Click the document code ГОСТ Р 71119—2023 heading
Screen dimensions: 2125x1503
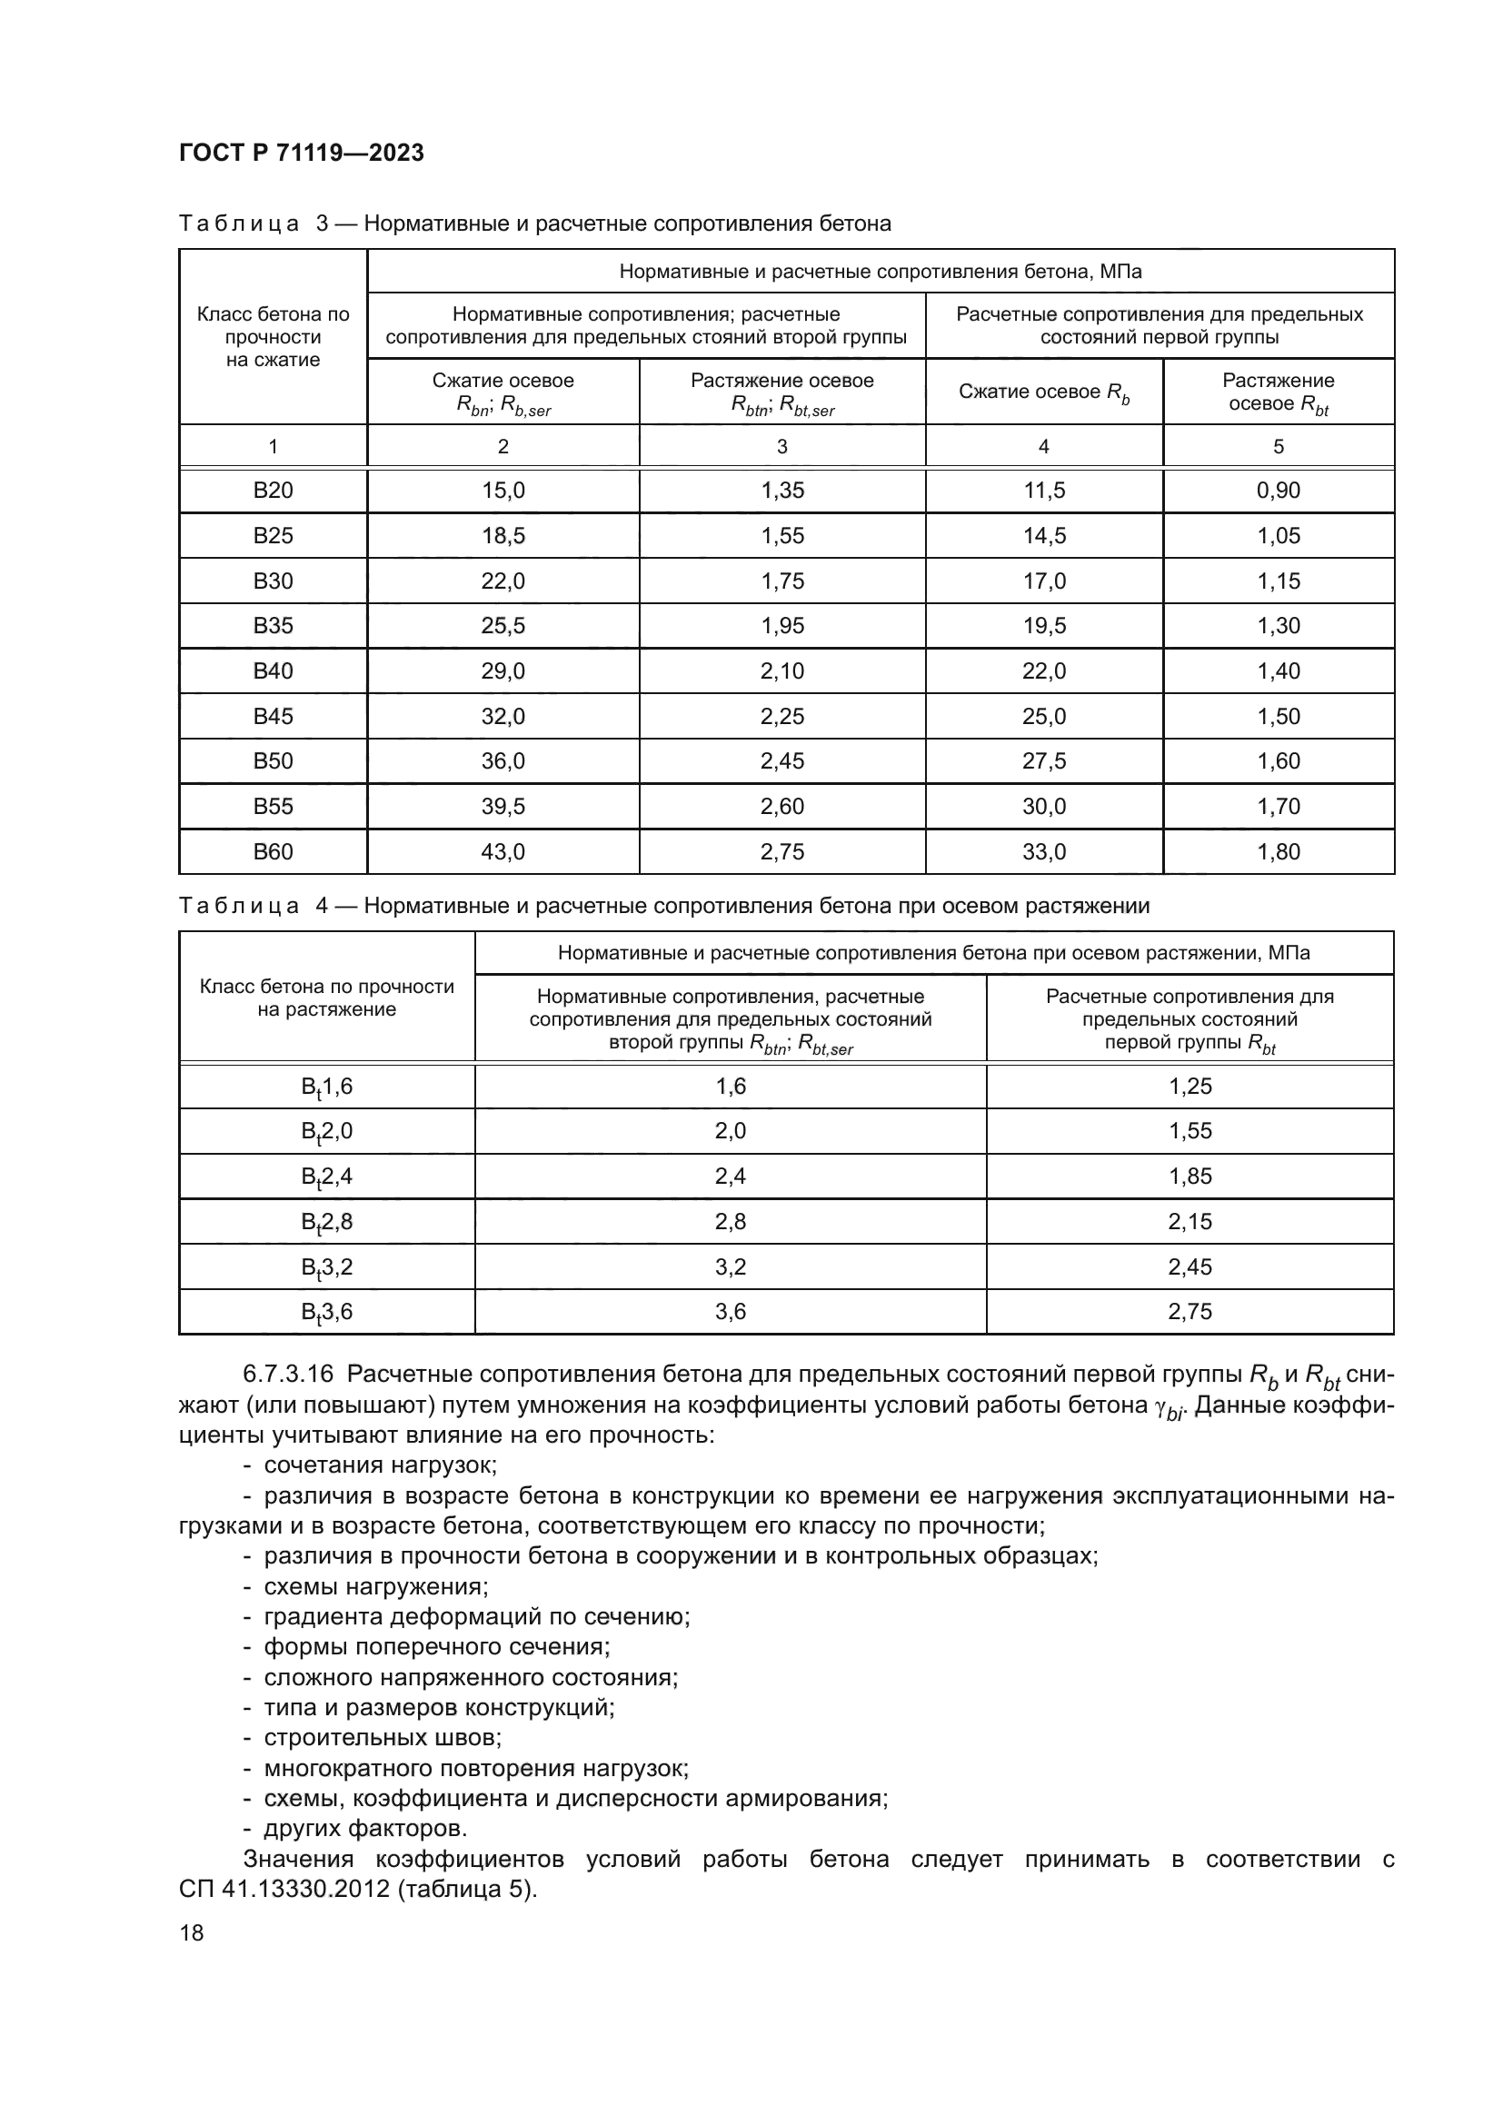(302, 153)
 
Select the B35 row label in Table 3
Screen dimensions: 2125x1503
(273, 626)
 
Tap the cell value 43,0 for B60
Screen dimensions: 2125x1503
(503, 851)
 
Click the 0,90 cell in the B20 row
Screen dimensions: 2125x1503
(1279, 491)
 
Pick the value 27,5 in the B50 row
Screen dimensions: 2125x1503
(1044, 760)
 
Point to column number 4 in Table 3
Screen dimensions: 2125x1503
(1044, 447)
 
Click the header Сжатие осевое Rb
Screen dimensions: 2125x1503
(1044, 392)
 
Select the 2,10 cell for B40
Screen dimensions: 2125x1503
(782, 671)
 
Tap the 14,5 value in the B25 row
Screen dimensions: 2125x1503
(1044, 536)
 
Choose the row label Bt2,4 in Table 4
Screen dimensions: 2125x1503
(327, 1177)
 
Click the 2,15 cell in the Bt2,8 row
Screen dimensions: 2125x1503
(1189, 1222)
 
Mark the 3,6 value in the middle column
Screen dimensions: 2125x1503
(731, 1312)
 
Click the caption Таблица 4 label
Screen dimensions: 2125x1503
(239, 905)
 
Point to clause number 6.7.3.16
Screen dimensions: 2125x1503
(290, 1375)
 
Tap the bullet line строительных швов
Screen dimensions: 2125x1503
(383, 1737)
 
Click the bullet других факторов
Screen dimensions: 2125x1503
(365, 1828)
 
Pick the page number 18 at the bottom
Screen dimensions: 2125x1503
(192, 1932)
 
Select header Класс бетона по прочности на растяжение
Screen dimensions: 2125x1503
(327, 998)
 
